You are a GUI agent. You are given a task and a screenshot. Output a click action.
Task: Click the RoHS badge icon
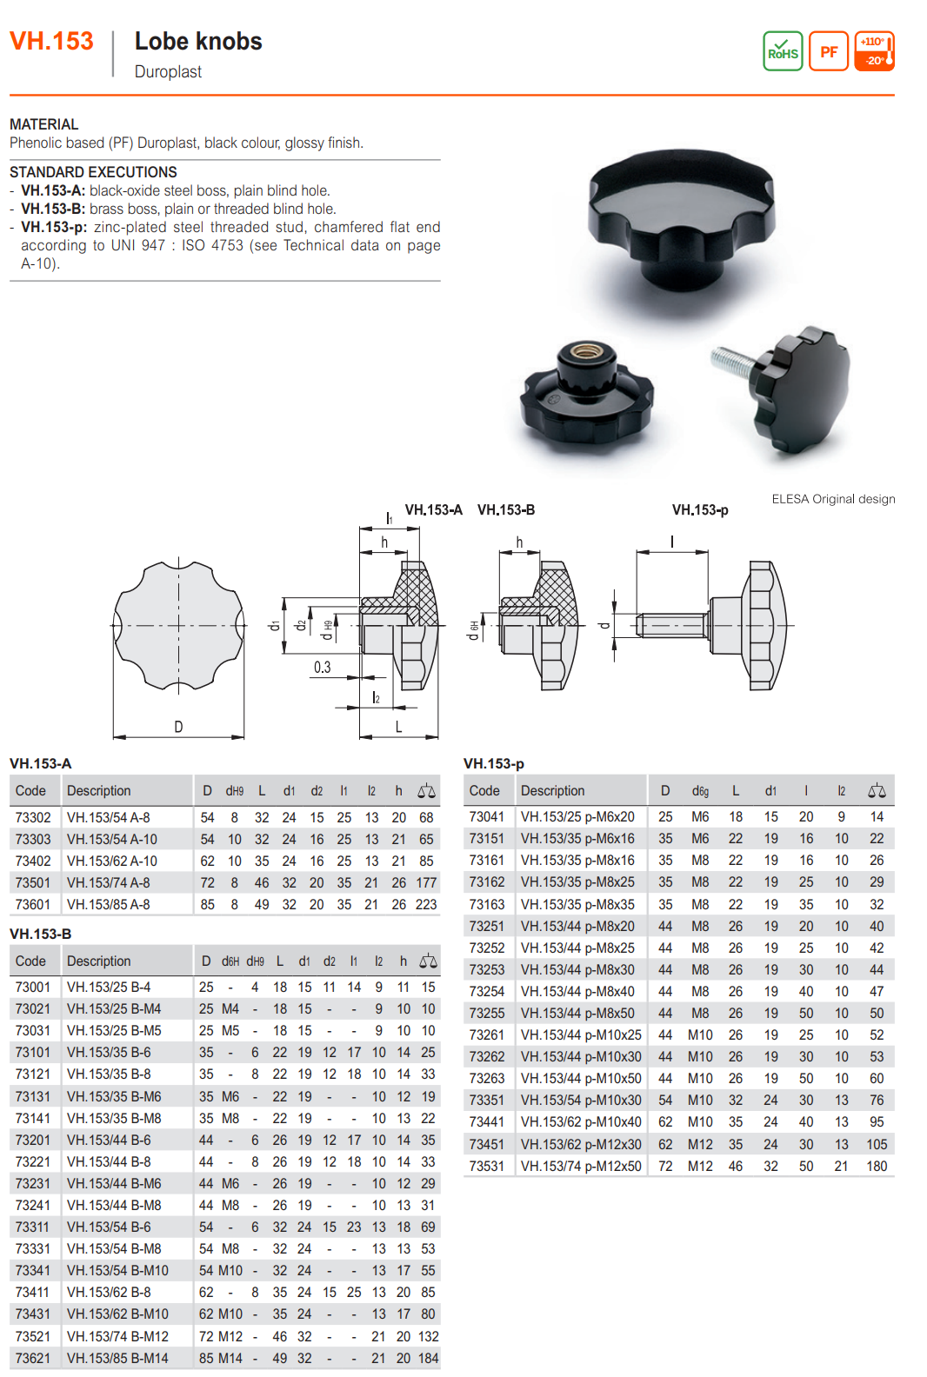pos(783,51)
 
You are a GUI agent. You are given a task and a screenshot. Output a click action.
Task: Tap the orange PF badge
pos(829,51)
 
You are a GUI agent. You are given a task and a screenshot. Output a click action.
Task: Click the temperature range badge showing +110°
pos(875,51)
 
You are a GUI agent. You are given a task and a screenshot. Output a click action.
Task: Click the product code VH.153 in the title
pos(51,41)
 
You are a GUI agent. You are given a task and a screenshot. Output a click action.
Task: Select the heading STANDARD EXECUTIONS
pos(93,172)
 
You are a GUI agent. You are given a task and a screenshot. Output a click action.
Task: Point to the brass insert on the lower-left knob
pos(579,353)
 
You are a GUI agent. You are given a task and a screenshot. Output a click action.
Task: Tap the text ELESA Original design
pos(833,499)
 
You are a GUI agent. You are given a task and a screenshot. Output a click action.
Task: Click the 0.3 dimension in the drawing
pos(323,668)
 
